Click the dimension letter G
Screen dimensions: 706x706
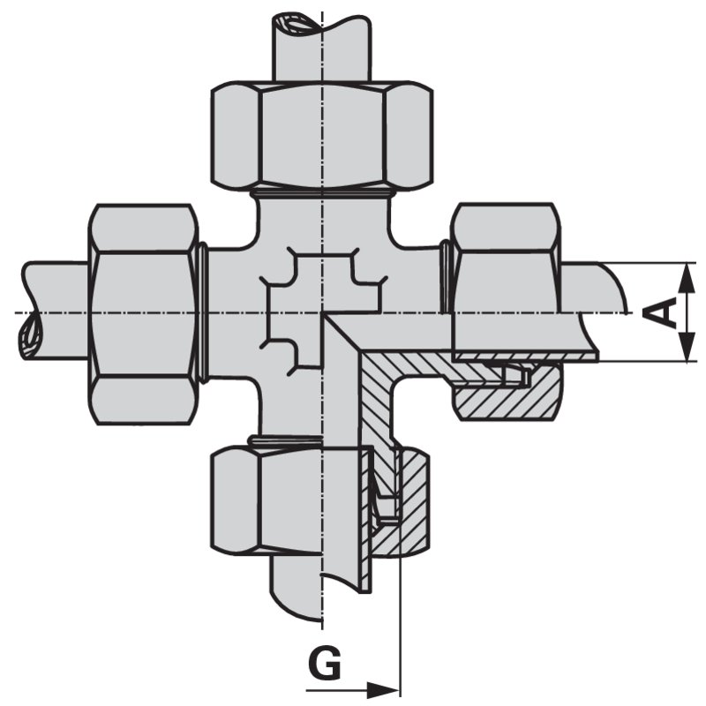[x=325, y=664]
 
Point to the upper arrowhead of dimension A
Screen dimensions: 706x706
[x=687, y=279]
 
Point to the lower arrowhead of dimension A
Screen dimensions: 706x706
[x=687, y=346]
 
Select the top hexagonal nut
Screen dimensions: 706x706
[x=322, y=135]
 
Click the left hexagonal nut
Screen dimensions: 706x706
[x=143, y=314]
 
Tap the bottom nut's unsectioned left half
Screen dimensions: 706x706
[x=267, y=500]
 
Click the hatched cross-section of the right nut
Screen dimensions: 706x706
[x=508, y=392]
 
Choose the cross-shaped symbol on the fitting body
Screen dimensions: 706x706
[x=322, y=312]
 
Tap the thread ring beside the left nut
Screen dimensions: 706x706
[x=203, y=313]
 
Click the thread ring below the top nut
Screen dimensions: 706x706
[x=322, y=193]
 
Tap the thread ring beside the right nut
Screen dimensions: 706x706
[x=446, y=277]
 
